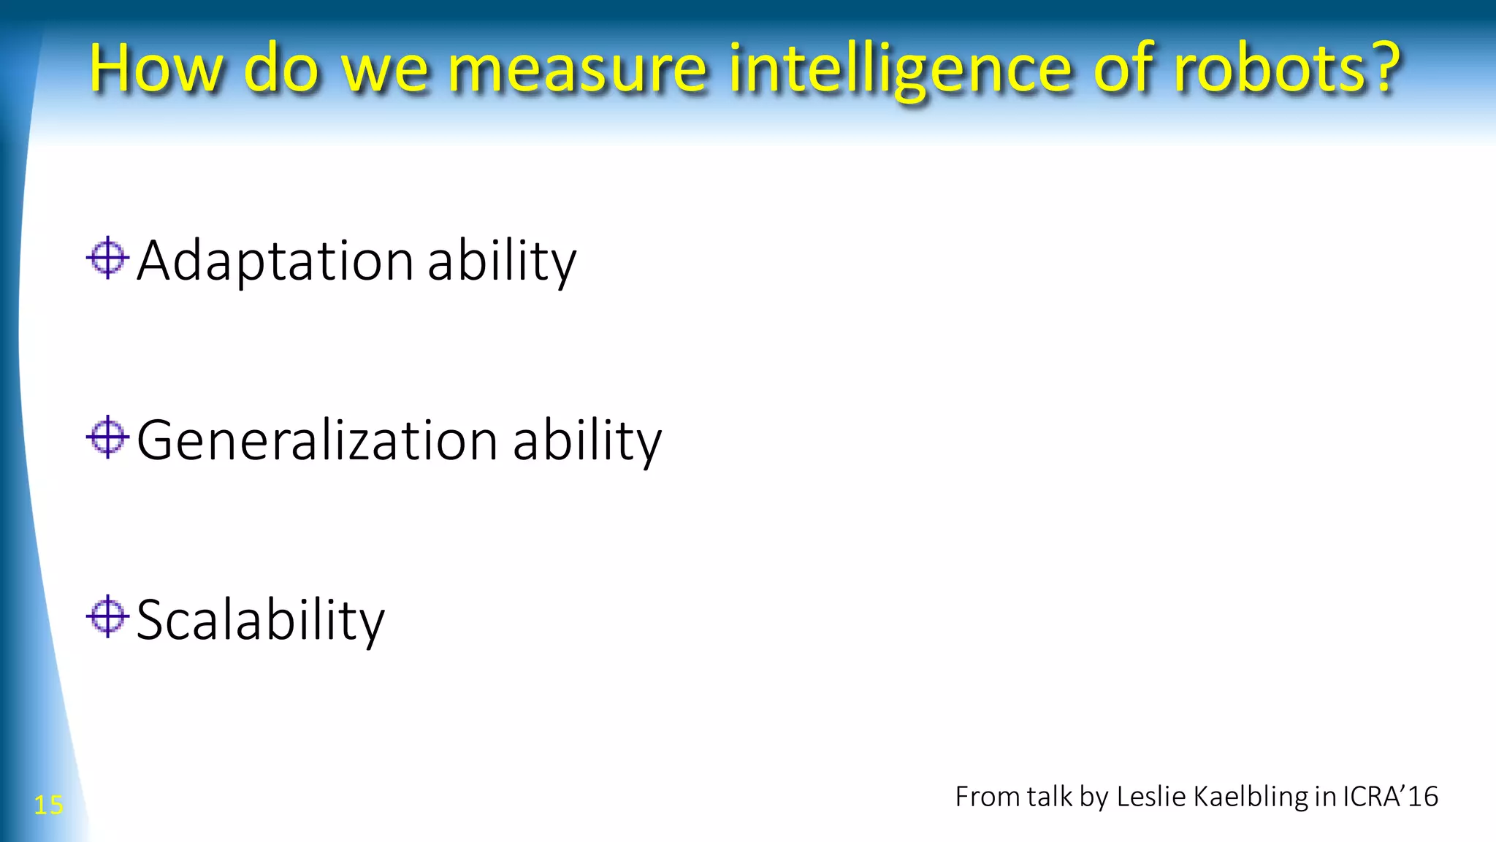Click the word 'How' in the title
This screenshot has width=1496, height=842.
click(156, 69)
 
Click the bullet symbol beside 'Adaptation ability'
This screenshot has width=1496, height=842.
click(107, 258)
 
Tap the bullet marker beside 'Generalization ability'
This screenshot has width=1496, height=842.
click(107, 437)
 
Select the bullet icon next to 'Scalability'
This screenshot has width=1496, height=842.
click(107, 617)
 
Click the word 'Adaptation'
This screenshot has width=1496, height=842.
click(275, 261)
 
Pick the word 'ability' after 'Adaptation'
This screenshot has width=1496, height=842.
click(502, 261)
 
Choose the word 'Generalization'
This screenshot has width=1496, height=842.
click(317, 441)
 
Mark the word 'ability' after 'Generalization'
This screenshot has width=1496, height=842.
click(587, 441)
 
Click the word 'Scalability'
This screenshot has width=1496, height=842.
click(260, 621)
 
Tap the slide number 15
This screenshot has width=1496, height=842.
click(48, 805)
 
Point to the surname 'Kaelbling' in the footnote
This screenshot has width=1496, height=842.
click(1250, 796)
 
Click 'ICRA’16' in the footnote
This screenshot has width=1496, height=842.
click(1390, 796)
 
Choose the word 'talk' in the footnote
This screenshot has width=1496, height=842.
click(1049, 796)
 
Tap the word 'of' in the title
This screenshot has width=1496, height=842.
click(1130, 69)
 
